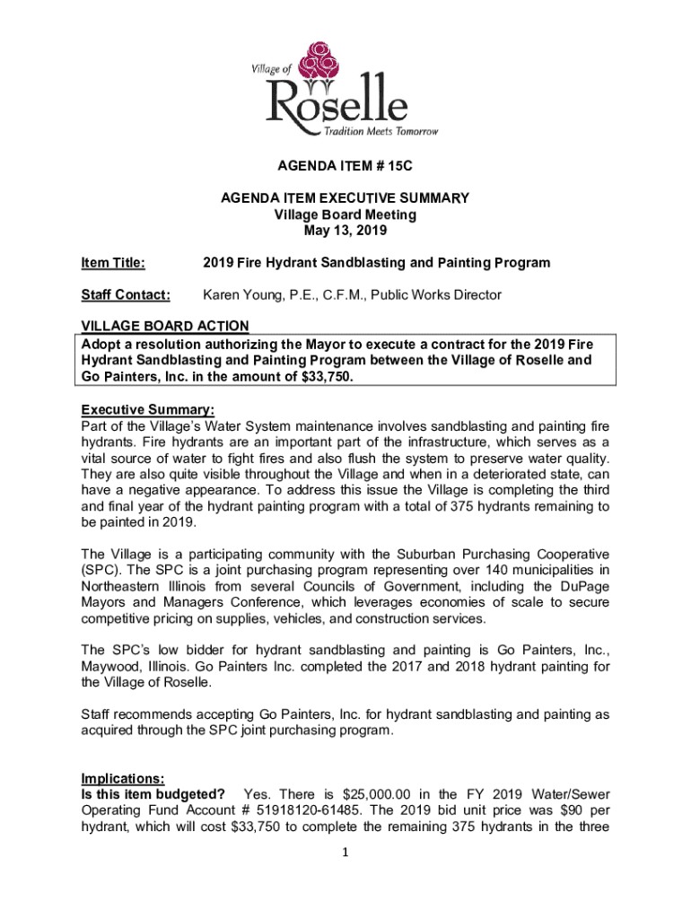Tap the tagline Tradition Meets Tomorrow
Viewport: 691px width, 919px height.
pos(380,132)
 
